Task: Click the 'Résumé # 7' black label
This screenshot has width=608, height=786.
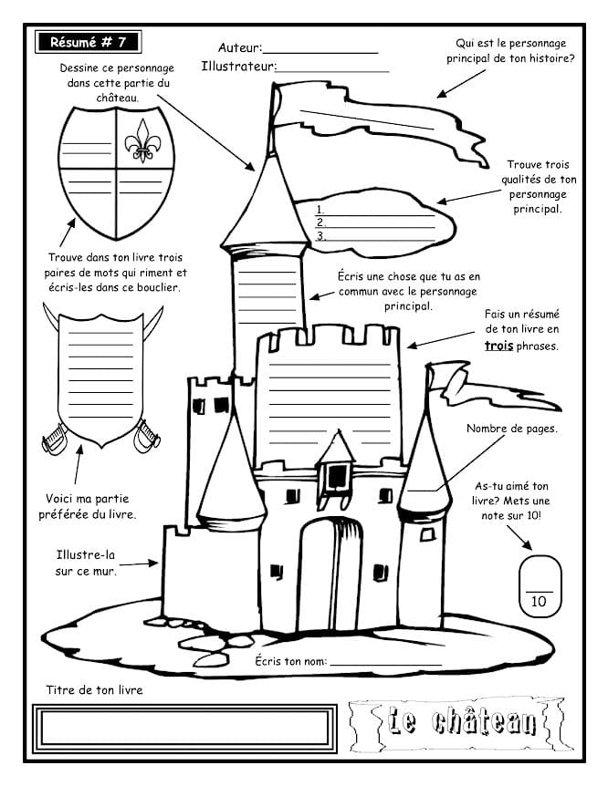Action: (89, 42)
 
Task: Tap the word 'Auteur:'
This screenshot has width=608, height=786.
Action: (239, 47)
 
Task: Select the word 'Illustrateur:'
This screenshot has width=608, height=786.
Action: (238, 66)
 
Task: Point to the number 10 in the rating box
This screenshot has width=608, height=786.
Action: (538, 601)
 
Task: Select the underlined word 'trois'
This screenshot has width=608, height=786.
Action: (499, 346)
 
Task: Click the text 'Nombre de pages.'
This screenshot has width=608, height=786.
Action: (512, 429)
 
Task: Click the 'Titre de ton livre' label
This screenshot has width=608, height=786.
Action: (94, 690)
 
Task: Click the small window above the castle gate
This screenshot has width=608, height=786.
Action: (338, 474)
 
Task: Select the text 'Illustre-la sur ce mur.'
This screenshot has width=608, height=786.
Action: (85, 563)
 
